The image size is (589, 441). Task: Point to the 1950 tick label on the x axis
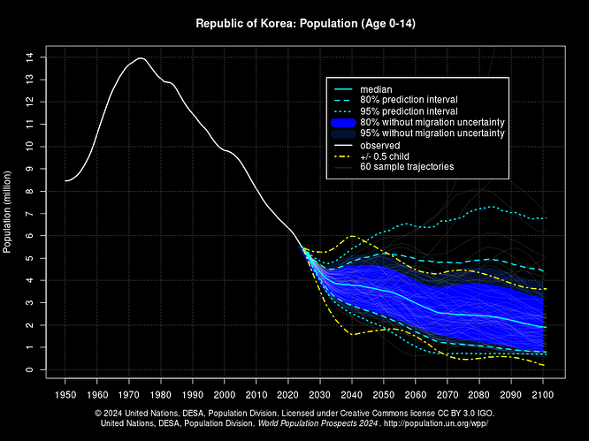65,394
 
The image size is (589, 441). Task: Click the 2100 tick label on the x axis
542,394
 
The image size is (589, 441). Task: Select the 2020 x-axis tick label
288,394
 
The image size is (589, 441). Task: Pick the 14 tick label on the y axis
30,57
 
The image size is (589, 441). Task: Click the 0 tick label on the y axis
30,370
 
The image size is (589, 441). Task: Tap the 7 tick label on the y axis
30,214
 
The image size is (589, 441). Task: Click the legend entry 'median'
375,89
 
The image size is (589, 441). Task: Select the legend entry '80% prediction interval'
409,101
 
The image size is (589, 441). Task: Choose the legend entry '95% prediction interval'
409,111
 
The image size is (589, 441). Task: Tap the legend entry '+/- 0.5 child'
389,156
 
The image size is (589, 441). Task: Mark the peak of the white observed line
141,58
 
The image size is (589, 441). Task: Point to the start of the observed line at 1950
65,180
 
